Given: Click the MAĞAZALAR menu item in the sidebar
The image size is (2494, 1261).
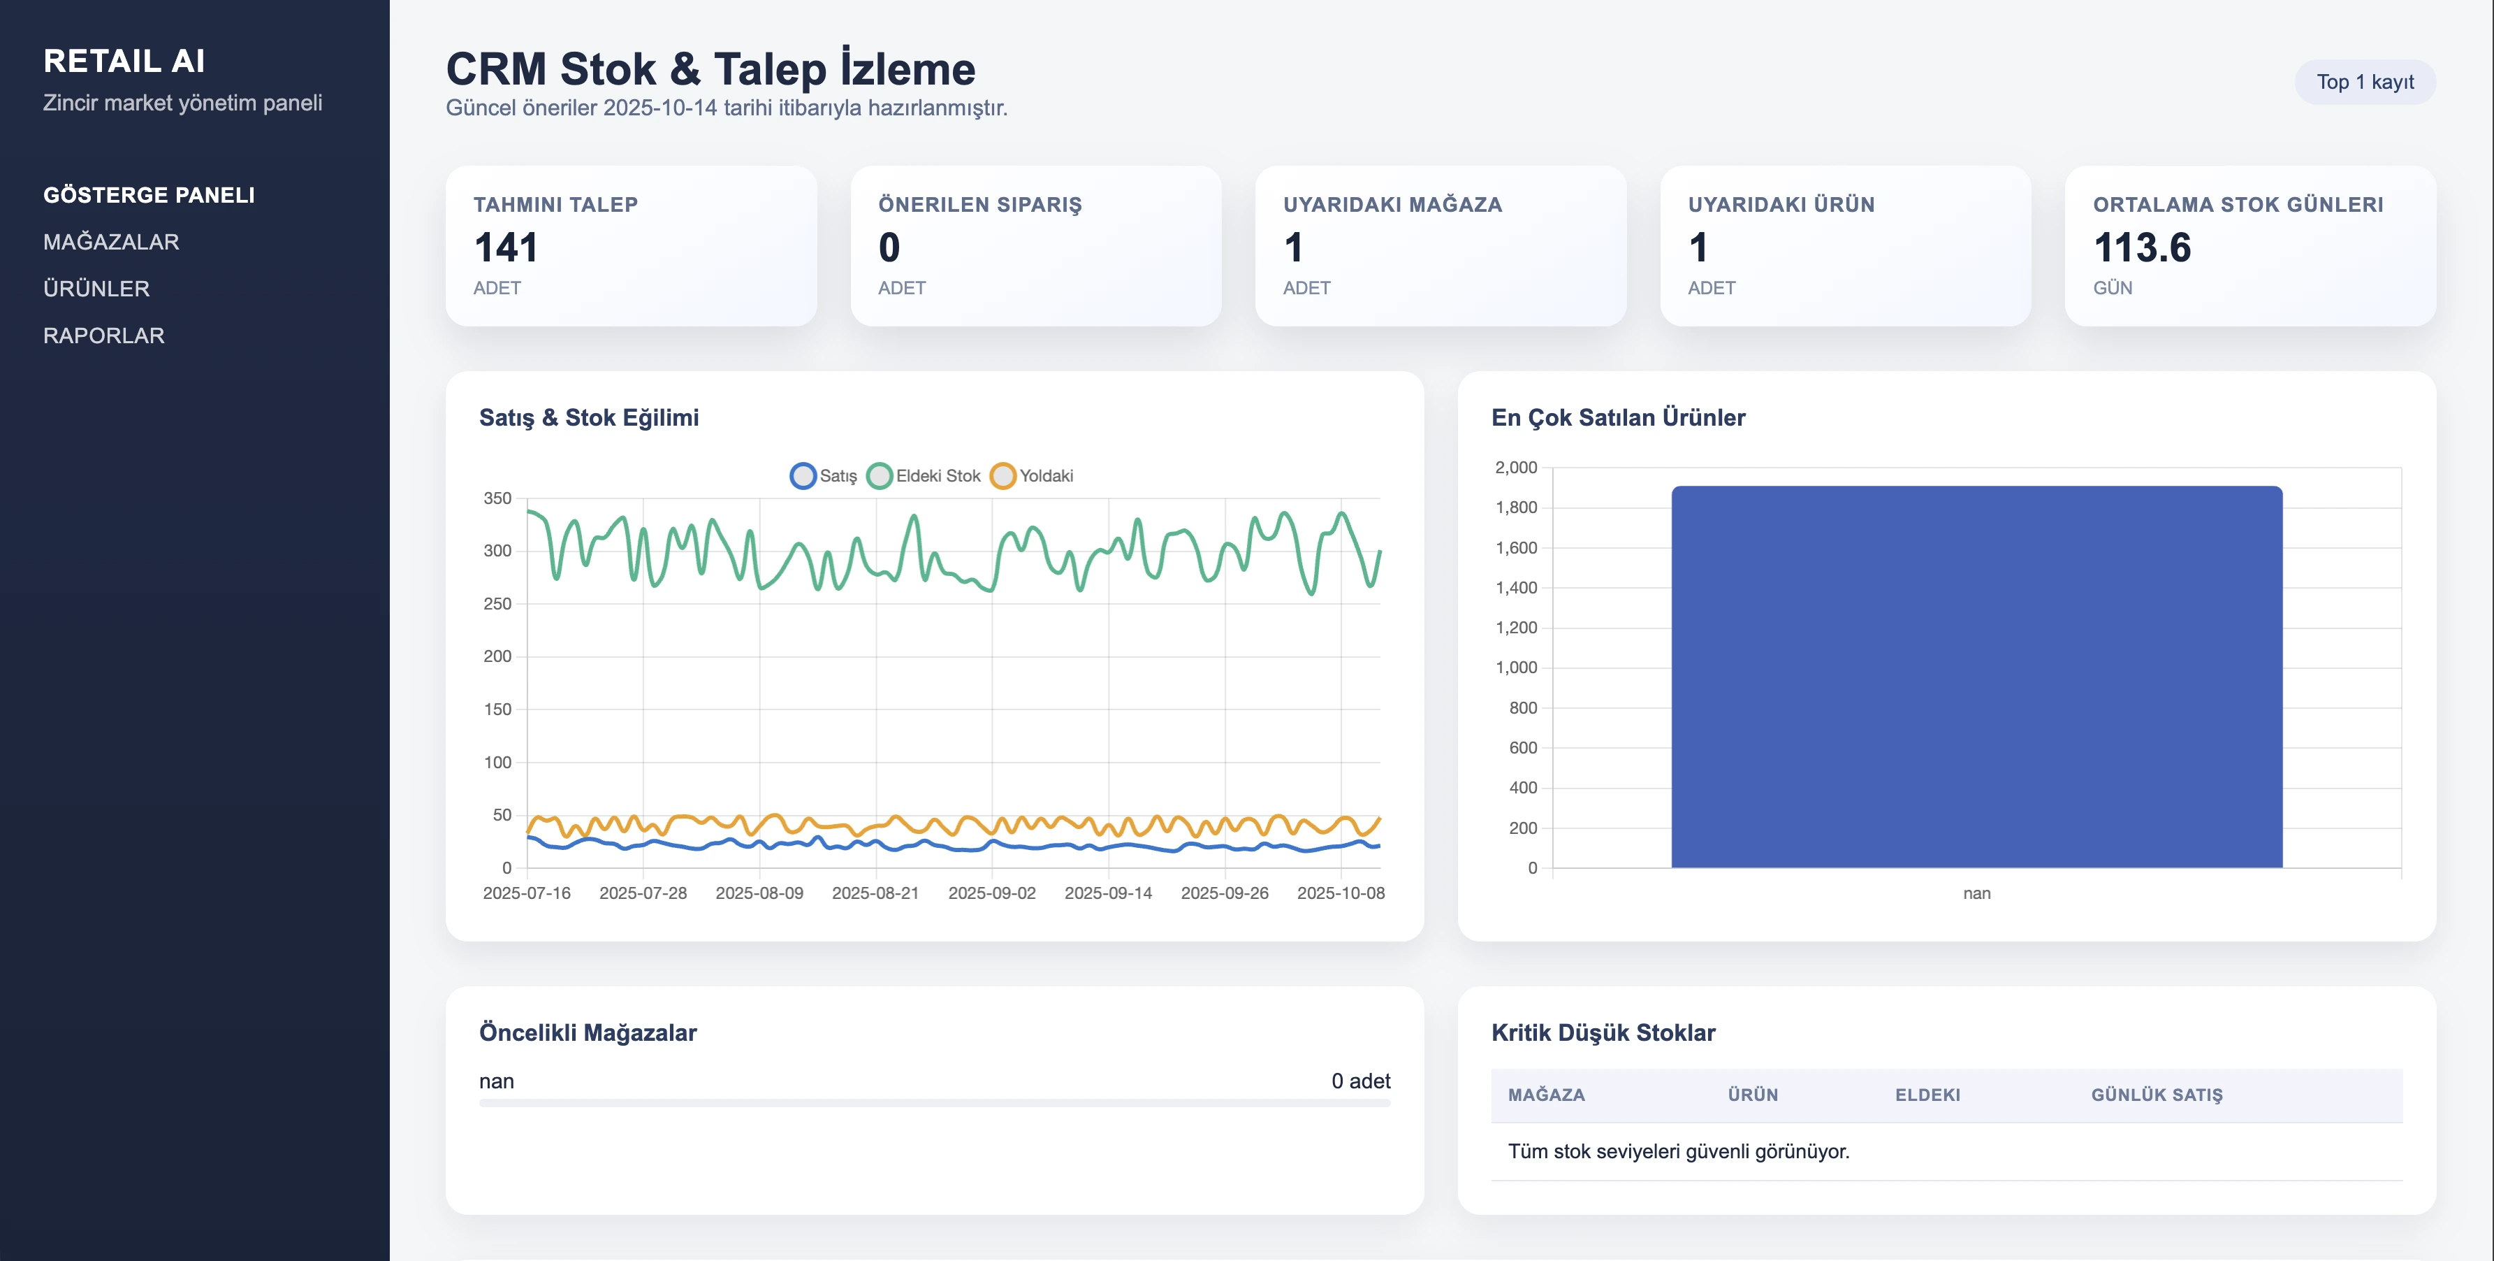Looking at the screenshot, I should (x=110, y=242).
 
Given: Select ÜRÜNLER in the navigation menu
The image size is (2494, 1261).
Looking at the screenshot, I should (x=96, y=289).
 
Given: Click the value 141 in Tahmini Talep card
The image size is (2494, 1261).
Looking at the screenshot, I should (x=505, y=248).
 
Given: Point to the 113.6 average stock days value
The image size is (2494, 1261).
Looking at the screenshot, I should (x=2142, y=248).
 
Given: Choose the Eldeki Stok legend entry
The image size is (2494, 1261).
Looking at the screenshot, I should (x=925, y=475).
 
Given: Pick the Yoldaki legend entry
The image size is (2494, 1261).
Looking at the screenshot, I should (x=1033, y=475).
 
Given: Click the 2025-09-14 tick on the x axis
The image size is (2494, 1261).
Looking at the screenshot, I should (x=1107, y=893).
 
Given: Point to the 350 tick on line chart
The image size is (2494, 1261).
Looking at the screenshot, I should (x=497, y=499).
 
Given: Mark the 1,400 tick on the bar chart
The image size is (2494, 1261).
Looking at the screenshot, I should (x=1515, y=588).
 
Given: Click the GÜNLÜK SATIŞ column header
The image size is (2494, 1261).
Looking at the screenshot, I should (x=2156, y=1095).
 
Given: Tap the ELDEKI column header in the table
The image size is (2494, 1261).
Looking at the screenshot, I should (x=1927, y=1095).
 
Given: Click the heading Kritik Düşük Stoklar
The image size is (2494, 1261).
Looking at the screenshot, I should (x=1603, y=1032).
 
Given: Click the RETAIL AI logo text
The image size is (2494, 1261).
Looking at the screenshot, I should (x=124, y=61).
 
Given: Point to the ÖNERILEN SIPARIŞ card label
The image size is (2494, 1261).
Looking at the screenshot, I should (x=979, y=204).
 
